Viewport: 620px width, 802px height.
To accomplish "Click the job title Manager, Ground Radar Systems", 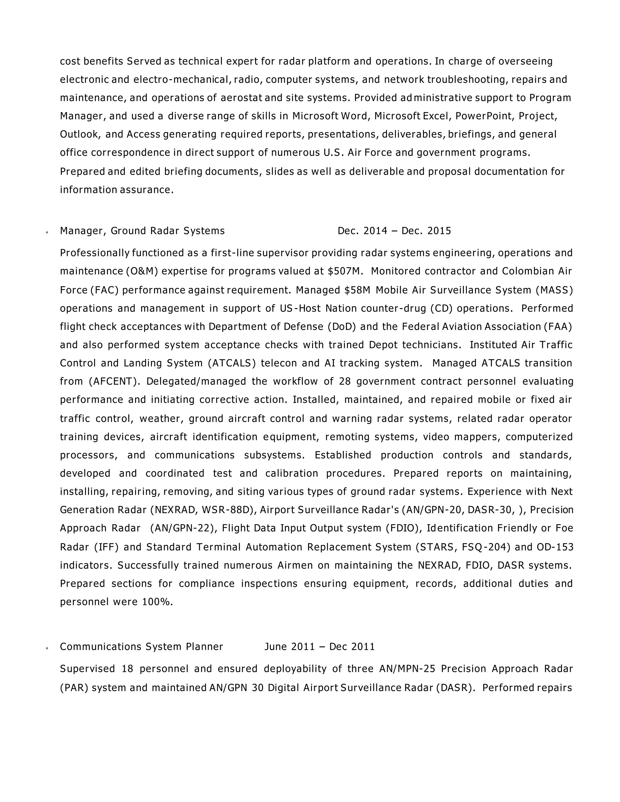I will pos(142,231).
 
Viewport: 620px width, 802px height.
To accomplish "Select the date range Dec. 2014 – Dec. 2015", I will pos(394,231).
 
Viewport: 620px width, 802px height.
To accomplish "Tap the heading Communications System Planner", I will pos(141,646).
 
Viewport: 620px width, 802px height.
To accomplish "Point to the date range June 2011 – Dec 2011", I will pos(320,646).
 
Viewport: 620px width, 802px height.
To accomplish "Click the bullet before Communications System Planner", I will pos(47,648).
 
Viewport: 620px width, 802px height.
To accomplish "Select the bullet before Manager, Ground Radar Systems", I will pos(47,232).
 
